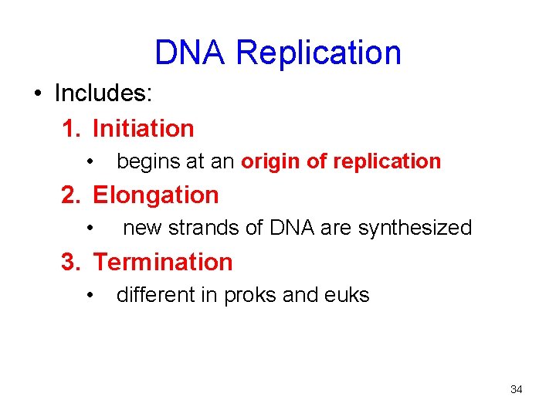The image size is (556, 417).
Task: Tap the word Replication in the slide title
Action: (x=318, y=53)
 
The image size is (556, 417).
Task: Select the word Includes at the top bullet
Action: (x=103, y=94)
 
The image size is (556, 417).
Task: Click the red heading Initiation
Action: (x=143, y=128)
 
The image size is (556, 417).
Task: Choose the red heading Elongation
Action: (x=155, y=195)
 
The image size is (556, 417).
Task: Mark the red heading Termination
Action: (x=162, y=262)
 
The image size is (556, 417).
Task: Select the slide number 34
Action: (x=516, y=389)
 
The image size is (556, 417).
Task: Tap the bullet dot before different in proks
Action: (x=91, y=295)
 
